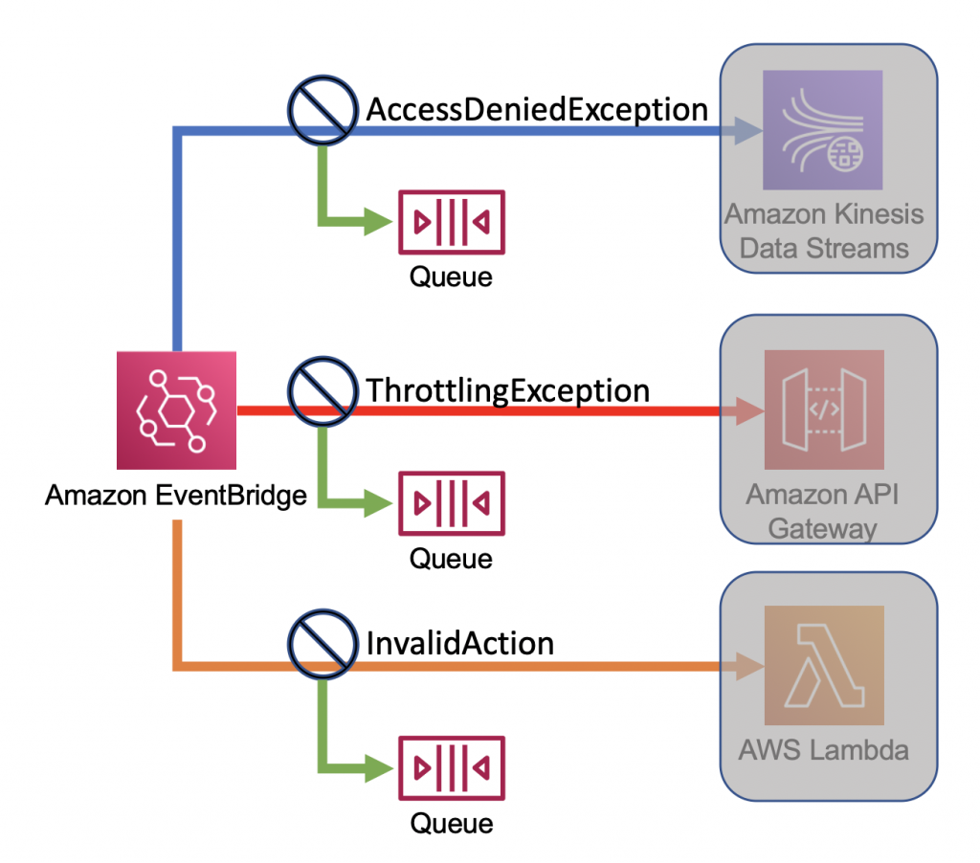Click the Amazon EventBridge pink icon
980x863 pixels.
176,409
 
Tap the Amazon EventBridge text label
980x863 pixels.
176,496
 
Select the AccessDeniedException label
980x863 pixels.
537,110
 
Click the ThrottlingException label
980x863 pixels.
508,390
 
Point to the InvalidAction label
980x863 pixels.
460,642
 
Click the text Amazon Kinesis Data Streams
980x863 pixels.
824,230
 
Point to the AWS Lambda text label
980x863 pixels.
824,749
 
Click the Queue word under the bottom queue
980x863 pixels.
451,823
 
